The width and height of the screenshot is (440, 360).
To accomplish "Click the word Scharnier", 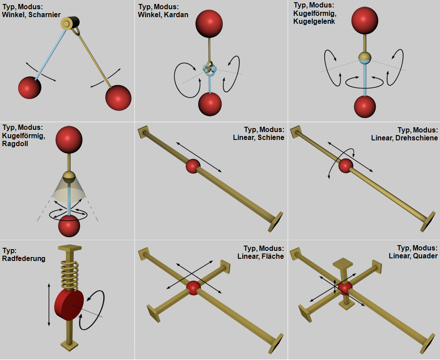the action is click(44, 15).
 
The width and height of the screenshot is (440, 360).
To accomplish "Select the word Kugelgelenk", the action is click(314, 22).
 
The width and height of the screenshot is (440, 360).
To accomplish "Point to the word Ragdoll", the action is click(15, 144).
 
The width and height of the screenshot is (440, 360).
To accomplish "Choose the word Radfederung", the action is click(24, 259).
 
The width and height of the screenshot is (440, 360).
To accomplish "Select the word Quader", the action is click(425, 256).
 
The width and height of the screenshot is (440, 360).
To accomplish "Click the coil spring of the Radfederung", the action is click(70, 275).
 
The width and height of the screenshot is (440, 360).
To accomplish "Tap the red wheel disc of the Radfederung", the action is click(69, 305).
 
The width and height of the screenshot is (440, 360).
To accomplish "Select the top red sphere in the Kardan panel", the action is click(209, 24).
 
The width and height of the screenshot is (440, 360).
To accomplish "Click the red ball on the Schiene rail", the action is click(193, 166).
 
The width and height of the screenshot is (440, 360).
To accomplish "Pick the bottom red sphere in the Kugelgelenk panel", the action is click(365, 107).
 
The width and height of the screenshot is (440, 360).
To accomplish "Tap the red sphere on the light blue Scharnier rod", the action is click(30, 88).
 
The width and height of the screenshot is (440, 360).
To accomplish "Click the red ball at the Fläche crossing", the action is click(193, 288).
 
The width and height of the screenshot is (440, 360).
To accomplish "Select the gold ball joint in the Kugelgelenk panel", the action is click(365, 58).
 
